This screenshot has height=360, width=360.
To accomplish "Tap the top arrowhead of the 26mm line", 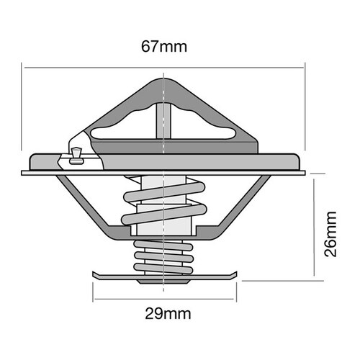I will (316, 176).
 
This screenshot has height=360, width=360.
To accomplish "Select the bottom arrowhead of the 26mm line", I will (316, 274).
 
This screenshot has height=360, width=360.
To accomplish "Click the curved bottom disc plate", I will (164, 275).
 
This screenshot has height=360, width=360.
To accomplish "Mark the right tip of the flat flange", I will (305, 172).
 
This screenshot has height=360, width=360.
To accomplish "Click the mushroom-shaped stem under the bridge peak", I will (164, 115).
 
